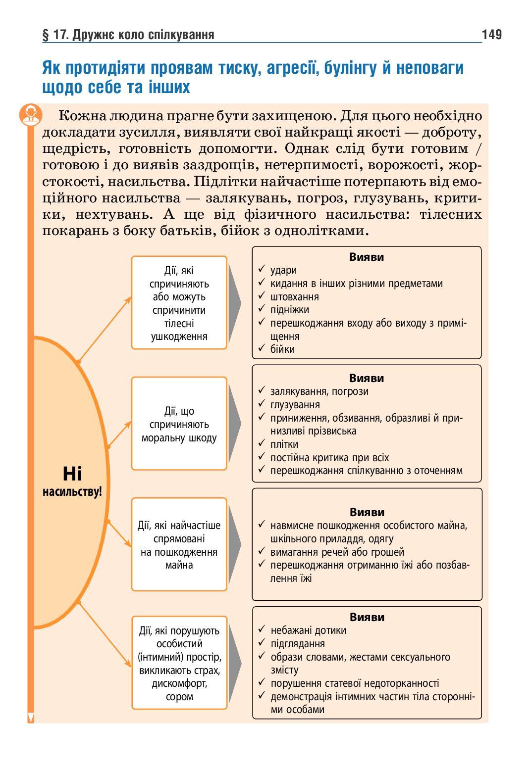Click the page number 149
[491, 34]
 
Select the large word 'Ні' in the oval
[72, 474]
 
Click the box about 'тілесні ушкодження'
[179, 303]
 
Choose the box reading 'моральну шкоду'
[179, 424]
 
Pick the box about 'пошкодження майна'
[179, 545]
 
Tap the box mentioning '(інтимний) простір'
[179, 663]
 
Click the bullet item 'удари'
[284, 270]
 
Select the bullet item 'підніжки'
[290, 310]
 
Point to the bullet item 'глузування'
[295, 405]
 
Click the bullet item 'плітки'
[284, 444]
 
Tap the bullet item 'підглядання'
[298, 644]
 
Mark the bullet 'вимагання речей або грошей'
[337, 552]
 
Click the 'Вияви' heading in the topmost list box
[367, 257]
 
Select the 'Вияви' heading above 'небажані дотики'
[367, 617]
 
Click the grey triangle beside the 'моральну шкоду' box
[234, 424]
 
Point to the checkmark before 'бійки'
[262, 349]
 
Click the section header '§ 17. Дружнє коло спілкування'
[129, 35]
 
